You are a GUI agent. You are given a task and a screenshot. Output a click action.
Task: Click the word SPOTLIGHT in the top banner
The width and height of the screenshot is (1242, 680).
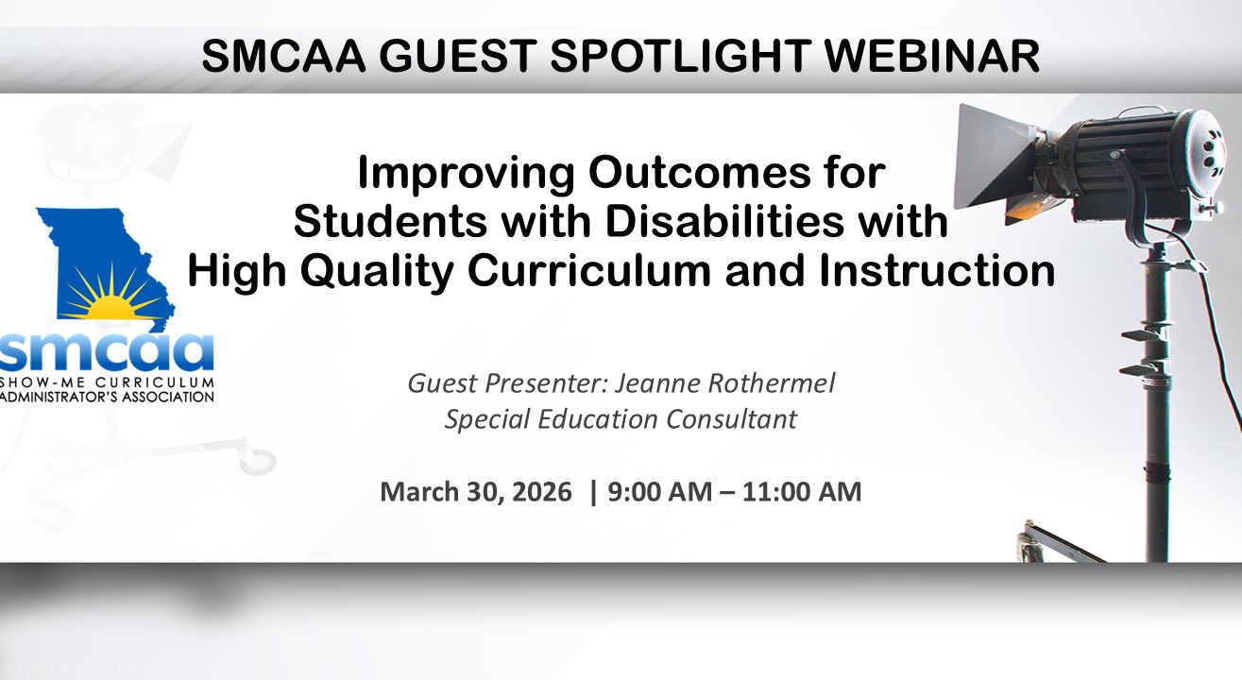pos(680,56)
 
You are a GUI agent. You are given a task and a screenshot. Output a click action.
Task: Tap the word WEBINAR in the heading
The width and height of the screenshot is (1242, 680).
pos(932,56)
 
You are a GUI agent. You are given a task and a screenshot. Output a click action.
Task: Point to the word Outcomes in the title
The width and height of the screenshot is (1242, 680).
pos(700,173)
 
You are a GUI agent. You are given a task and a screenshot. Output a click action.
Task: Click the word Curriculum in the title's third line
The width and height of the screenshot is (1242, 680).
pos(588,271)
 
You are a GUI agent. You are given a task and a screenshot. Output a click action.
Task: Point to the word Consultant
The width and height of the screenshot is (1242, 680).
pos(731,418)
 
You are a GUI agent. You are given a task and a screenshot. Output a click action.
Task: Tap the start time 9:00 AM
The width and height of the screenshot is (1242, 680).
pos(660,492)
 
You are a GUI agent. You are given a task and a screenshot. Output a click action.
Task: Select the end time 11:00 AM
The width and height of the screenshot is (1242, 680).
pos(802,492)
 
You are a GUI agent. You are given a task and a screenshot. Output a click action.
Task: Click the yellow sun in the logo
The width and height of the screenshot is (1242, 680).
pos(114,304)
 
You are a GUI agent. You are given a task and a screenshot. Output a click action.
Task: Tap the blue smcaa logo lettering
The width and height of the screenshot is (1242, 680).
pos(107,353)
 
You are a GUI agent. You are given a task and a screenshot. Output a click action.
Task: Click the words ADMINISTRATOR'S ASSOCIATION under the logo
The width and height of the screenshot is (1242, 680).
pos(107,397)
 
